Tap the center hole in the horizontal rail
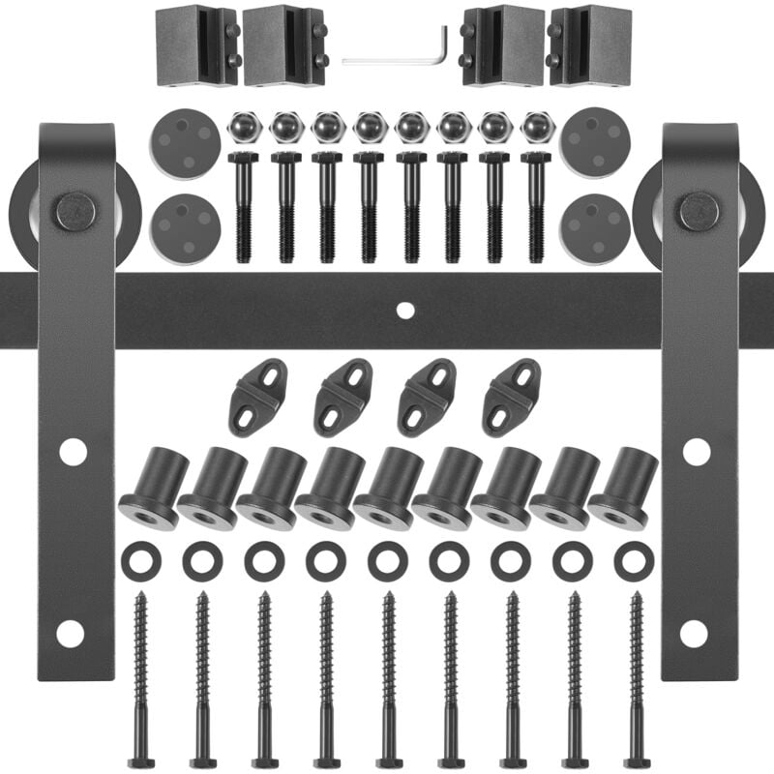point(405,311)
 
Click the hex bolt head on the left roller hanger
point(74,211)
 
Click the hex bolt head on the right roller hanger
point(699,211)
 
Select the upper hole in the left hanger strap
point(73,452)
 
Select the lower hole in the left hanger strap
point(70,634)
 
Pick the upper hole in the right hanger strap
point(696,452)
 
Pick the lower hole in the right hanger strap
point(693,634)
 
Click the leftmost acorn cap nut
point(244,127)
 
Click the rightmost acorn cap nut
point(536,127)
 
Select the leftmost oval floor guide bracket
point(257,397)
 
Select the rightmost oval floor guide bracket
point(511,397)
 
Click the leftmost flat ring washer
point(141,561)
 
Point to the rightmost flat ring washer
point(634,561)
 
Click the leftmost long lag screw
point(141,677)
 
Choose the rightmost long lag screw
point(636,677)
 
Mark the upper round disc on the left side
point(185,142)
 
